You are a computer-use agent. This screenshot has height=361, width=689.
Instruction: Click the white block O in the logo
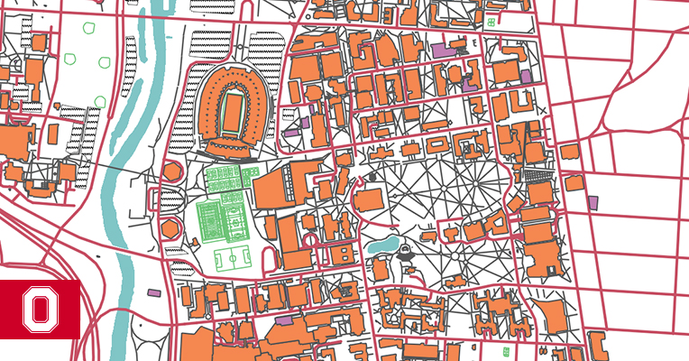click(40, 310)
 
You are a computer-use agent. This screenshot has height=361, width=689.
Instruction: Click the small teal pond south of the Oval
click(382, 243)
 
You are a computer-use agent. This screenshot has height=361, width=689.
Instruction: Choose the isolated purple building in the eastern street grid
click(593, 203)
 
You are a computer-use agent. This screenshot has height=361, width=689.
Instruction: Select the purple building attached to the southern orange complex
click(284, 319)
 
